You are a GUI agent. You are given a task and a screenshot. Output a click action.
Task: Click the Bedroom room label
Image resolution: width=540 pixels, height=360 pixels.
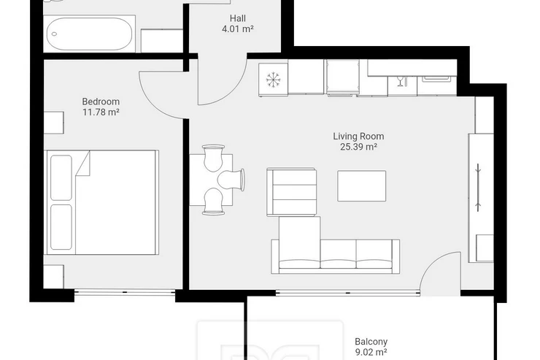pos(101,102)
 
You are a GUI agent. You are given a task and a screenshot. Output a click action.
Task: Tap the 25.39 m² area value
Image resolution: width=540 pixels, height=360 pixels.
pos(358,147)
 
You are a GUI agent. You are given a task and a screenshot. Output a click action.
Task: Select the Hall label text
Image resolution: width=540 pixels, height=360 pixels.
pos(238,18)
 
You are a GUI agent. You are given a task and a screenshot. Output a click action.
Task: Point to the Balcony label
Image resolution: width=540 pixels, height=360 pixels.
pos(371,342)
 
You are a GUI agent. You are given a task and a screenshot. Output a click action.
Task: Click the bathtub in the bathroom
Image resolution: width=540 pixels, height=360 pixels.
pos(89,34)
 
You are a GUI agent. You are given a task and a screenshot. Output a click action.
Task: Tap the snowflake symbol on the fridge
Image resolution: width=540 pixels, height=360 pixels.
pos(274,80)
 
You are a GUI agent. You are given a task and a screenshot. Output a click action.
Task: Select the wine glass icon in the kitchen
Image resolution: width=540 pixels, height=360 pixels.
pos(400,81)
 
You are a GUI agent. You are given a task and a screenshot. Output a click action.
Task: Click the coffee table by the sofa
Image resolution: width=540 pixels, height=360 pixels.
pos(362,185)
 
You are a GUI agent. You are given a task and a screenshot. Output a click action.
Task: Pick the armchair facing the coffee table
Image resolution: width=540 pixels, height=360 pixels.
pos(291,192)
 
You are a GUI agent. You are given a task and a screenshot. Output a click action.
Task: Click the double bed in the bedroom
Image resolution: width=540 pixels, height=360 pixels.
pos(101,202)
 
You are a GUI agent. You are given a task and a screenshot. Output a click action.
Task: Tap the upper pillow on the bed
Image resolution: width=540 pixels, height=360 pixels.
pos(61,177)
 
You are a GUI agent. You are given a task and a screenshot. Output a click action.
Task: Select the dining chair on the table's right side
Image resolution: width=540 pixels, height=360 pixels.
pos(231,180)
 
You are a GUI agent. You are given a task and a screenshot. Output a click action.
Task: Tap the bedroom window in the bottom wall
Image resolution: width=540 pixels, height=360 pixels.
pos(125,293)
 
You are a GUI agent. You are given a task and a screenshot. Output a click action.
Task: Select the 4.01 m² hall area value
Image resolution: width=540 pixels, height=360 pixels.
pos(238,29)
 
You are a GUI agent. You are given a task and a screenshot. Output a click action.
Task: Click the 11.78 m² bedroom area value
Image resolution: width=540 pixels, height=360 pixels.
pos(101,112)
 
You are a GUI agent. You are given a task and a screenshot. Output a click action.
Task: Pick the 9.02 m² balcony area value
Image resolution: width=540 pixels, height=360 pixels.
pos(371,353)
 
